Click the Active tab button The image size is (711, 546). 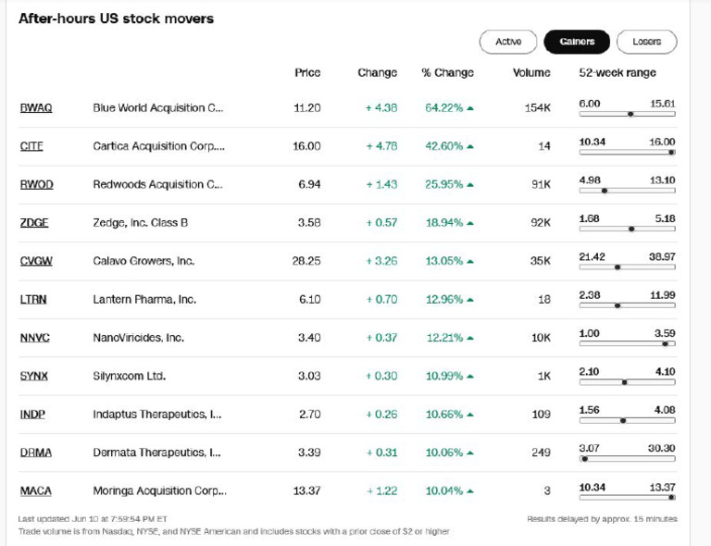click(x=508, y=42)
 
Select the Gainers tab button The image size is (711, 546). click(x=576, y=42)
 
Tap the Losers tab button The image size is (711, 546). click(x=646, y=42)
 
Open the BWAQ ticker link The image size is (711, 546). click(x=36, y=108)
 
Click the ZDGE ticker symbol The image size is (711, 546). click(x=35, y=223)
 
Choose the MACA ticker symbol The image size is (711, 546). click(x=36, y=491)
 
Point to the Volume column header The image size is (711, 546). click(x=531, y=73)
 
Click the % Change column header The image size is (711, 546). click(x=447, y=73)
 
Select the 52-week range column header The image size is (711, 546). click(x=617, y=73)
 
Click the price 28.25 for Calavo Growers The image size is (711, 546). click(x=306, y=261)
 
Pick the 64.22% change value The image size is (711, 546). click(x=444, y=108)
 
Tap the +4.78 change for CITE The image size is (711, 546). click(x=381, y=146)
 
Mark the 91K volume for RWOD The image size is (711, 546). click(x=541, y=185)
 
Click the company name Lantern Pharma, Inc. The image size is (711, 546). click(x=144, y=300)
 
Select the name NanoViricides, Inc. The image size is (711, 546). click(x=138, y=338)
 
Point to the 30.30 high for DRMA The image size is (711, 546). click(x=661, y=448)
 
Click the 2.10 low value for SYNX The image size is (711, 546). click(x=589, y=371)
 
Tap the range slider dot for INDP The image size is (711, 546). click(x=623, y=420)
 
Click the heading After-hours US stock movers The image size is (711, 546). click(x=116, y=19)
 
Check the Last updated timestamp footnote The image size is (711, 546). click(x=92, y=519)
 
